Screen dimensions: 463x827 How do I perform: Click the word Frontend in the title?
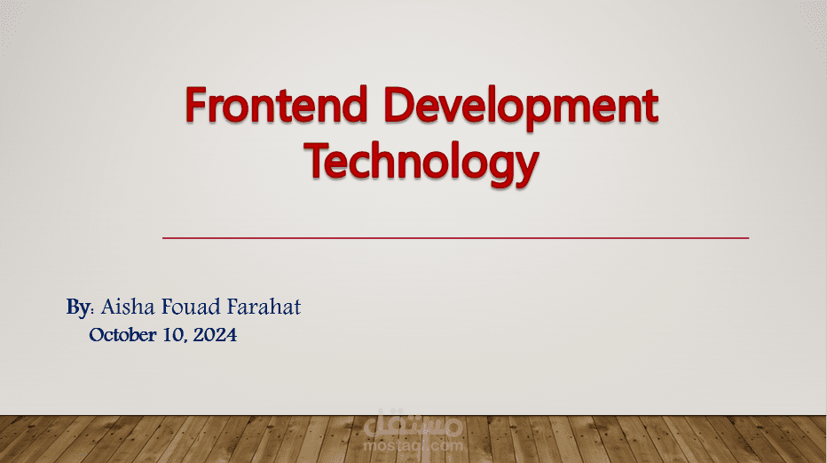point(276,108)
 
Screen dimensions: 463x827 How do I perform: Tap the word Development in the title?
point(524,108)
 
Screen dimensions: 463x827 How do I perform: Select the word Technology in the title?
point(421,163)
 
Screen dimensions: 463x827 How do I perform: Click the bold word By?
point(78,308)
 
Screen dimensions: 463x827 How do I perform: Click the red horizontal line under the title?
point(455,238)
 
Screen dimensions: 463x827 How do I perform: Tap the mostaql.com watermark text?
point(413,444)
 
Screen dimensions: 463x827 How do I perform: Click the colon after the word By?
point(92,311)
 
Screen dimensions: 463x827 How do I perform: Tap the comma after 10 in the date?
point(184,341)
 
